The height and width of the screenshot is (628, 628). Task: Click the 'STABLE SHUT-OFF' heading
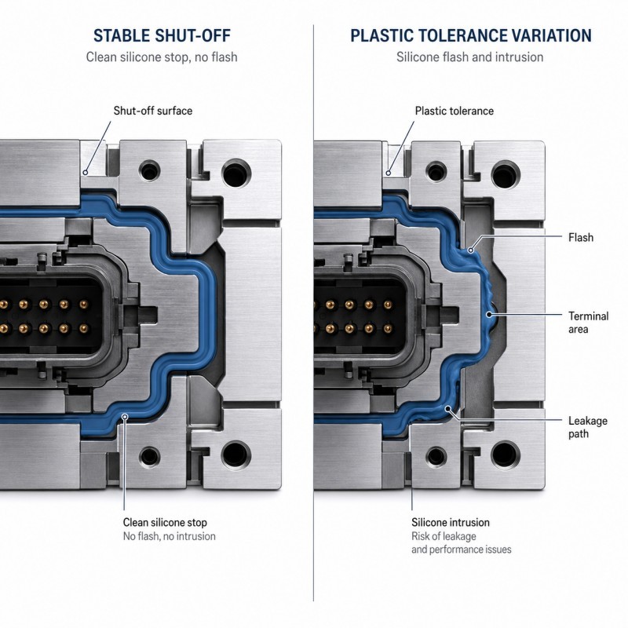pyautogui.click(x=162, y=35)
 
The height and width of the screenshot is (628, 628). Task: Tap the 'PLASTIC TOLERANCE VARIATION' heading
pyautogui.click(x=471, y=35)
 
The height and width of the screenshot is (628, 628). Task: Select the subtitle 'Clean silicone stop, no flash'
pyautogui.click(x=162, y=57)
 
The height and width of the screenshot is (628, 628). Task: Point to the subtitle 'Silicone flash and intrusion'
pyautogui.click(x=469, y=57)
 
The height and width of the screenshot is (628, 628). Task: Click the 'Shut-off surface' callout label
pyautogui.click(x=152, y=111)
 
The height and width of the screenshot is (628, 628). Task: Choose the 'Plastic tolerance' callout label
pyautogui.click(x=455, y=111)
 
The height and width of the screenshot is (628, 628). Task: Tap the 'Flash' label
pyautogui.click(x=581, y=238)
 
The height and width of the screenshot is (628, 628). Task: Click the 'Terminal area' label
pyautogui.click(x=588, y=323)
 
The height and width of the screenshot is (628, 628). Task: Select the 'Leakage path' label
pyautogui.click(x=587, y=427)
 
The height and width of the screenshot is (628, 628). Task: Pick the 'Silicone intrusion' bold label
pyautogui.click(x=451, y=522)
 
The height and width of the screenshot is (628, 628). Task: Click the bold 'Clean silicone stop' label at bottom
pyautogui.click(x=165, y=522)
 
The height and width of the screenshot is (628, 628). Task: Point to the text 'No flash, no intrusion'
pyautogui.click(x=169, y=536)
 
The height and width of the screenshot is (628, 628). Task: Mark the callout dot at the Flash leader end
pyautogui.click(x=471, y=250)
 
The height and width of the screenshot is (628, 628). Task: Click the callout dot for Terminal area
pyautogui.click(x=489, y=315)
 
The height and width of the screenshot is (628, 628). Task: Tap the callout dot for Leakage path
pyautogui.click(x=448, y=409)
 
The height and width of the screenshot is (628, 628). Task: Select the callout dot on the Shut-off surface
pyautogui.click(x=86, y=173)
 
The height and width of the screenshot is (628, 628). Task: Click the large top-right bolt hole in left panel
pyautogui.click(x=236, y=174)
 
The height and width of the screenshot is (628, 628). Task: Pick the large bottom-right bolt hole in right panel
pyautogui.click(x=506, y=455)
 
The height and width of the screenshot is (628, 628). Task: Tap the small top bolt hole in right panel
pyautogui.click(x=436, y=172)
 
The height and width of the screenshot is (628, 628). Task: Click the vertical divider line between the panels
pyautogui.click(x=313, y=312)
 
